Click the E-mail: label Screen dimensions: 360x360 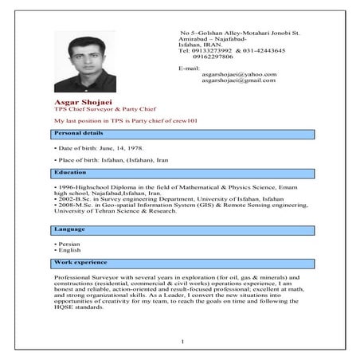(x=188, y=68)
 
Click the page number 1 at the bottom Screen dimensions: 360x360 (x=182, y=342)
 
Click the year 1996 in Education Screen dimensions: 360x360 (x=64, y=185)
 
